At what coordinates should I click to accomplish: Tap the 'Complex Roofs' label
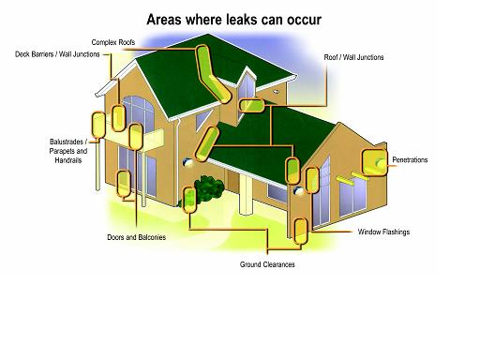(x=111, y=42)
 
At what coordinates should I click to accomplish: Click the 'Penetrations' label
(x=410, y=160)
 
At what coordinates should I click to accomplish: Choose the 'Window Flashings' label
(x=383, y=231)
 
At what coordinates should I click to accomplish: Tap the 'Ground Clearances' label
(x=265, y=263)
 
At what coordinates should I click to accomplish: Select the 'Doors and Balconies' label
(x=137, y=237)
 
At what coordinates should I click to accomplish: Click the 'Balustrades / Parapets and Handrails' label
(x=67, y=151)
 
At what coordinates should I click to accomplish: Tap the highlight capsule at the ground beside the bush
(x=189, y=199)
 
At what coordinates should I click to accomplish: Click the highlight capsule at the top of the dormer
(x=253, y=104)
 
